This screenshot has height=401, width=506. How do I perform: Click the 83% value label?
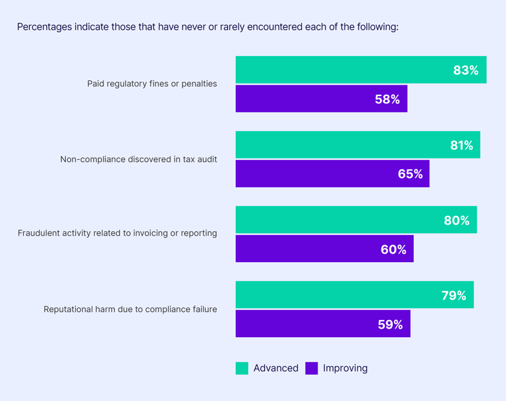tap(465, 70)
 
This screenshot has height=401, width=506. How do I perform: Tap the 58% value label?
tap(387, 99)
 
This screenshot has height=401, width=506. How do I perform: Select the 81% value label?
tap(461, 146)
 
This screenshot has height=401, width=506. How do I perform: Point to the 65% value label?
tap(410, 174)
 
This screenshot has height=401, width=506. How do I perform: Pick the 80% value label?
tap(457, 221)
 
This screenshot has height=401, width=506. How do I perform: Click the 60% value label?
tap(393, 250)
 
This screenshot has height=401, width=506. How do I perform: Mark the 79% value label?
tap(453, 296)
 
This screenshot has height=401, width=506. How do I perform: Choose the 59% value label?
tap(390, 325)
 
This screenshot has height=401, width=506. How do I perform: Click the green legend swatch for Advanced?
tap(242, 368)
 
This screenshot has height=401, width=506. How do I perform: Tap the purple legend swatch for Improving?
tap(312, 368)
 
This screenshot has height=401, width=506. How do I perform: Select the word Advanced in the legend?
tap(275, 368)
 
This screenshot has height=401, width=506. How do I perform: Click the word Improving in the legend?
tap(345, 368)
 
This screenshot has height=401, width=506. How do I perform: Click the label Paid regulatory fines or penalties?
tap(152, 84)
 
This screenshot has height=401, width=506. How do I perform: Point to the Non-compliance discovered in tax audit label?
tap(138, 159)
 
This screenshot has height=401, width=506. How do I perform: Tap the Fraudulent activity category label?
tap(117, 233)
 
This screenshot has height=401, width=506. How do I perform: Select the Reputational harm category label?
tap(130, 309)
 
